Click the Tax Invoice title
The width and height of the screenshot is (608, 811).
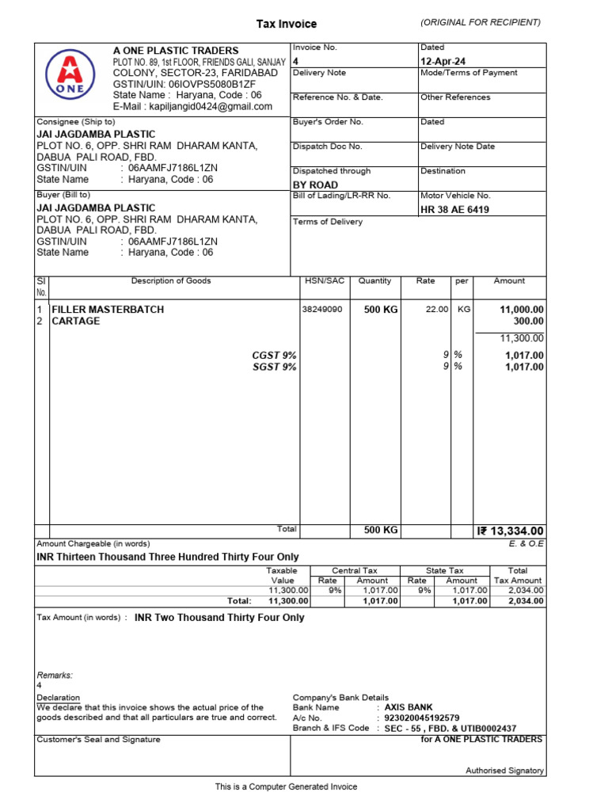point(286,24)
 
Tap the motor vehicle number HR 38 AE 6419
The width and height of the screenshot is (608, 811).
point(454,210)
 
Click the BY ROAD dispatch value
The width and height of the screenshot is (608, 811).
point(315,185)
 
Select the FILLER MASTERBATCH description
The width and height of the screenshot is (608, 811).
point(108,310)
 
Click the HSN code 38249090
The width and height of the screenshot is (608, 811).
point(321,310)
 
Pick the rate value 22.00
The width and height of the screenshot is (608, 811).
point(437,310)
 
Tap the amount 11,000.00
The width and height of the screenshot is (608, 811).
point(522,310)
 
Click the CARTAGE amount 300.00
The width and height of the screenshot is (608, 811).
point(529,321)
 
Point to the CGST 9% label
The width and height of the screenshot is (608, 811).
point(275,356)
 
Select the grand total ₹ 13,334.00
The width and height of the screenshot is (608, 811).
point(511,531)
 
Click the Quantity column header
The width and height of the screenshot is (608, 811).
point(374,281)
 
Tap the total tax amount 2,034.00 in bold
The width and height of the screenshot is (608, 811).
point(526,601)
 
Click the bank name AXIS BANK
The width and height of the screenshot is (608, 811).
point(408,707)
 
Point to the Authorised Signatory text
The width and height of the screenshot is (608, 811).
point(504,771)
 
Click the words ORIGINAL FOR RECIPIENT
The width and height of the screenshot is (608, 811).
point(481,22)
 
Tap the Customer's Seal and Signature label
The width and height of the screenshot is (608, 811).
point(99,740)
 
